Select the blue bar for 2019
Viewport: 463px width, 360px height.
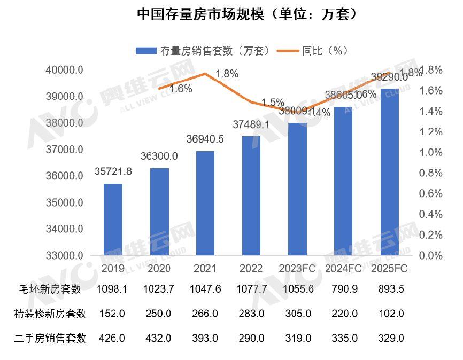pyautogui.click(x=113, y=220)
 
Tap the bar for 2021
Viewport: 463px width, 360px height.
pyautogui.click(x=205, y=204)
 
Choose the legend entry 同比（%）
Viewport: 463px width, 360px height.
pyautogui.click(x=315, y=51)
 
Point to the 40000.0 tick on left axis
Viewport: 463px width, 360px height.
pyautogui.click(x=64, y=70)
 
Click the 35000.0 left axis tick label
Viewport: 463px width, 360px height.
pyautogui.click(x=64, y=203)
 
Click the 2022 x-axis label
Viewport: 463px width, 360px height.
pyautogui.click(x=251, y=268)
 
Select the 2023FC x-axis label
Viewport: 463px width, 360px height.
pyautogui.click(x=297, y=268)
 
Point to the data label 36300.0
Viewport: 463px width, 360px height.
pyautogui.click(x=159, y=156)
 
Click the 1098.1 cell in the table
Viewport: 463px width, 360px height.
pyautogui.click(x=111, y=289)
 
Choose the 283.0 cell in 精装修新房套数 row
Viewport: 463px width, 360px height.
pyautogui.click(x=251, y=314)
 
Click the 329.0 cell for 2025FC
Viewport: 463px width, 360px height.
pyautogui.click(x=390, y=338)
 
